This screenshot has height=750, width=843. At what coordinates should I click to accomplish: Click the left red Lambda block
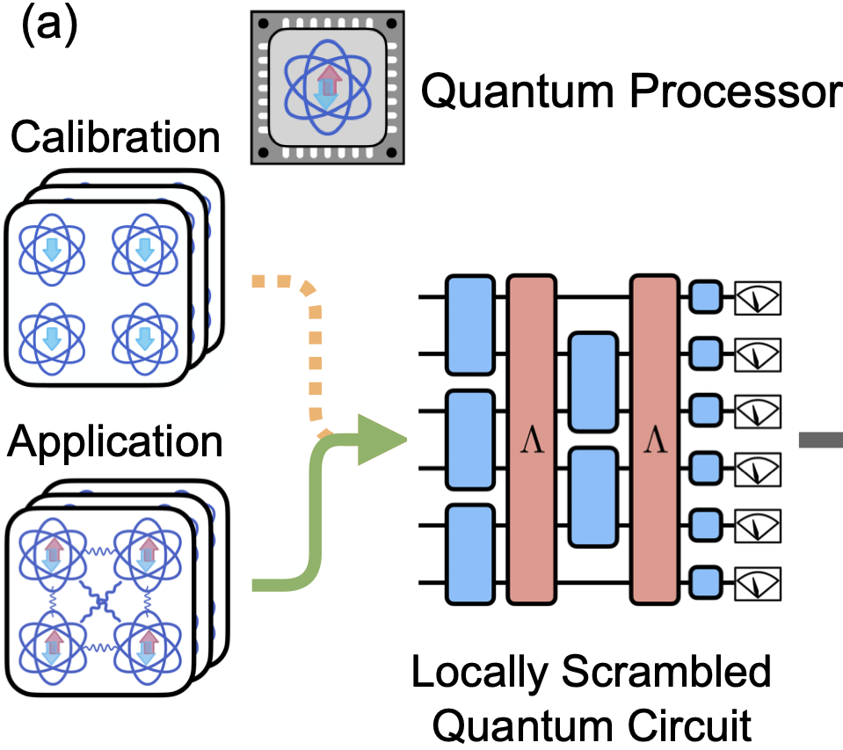pos(533,440)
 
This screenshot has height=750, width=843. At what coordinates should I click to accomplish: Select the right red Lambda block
pos(656,440)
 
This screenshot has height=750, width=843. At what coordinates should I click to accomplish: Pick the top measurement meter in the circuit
pos(758,297)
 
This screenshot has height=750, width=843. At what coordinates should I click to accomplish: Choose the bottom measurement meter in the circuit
pos(758,582)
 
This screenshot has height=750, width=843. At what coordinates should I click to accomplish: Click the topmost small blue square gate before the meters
pos(706,297)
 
